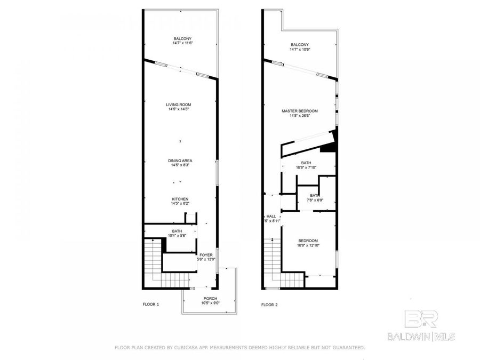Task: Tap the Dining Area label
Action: pos(180,161)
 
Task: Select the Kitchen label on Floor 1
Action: pos(180,199)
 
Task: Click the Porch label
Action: pos(210,299)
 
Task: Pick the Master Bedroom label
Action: pos(299,111)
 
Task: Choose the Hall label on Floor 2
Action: pos(271,216)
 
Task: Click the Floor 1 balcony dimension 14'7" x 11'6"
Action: pos(182,43)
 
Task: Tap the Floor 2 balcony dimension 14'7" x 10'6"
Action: pos(299,49)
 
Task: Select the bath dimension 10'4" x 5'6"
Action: pos(177,235)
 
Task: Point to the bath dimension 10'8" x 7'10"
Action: pos(306,167)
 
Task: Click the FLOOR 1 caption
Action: pos(150,305)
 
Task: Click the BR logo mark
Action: pos(421,319)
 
